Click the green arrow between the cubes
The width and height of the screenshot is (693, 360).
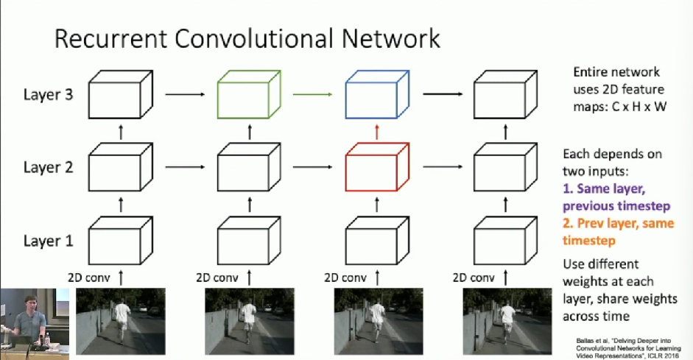(x=312, y=94)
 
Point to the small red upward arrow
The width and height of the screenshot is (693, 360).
(x=377, y=132)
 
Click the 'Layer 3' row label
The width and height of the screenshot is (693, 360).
(x=48, y=94)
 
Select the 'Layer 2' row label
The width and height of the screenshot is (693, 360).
(x=48, y=167)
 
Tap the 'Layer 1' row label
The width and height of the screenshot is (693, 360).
(x=48, y=241)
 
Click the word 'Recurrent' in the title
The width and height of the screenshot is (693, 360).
(x=110, y=38)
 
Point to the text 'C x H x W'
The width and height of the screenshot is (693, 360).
(x=639, y=107)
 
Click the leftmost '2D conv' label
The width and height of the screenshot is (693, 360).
(x=88, y=278)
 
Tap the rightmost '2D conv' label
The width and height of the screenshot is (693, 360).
(x=474, y=278)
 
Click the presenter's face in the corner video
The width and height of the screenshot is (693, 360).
(x=30, y=306)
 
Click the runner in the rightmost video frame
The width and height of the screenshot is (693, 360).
(x=507, y=320)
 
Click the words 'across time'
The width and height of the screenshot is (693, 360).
(x=596, y=317)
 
